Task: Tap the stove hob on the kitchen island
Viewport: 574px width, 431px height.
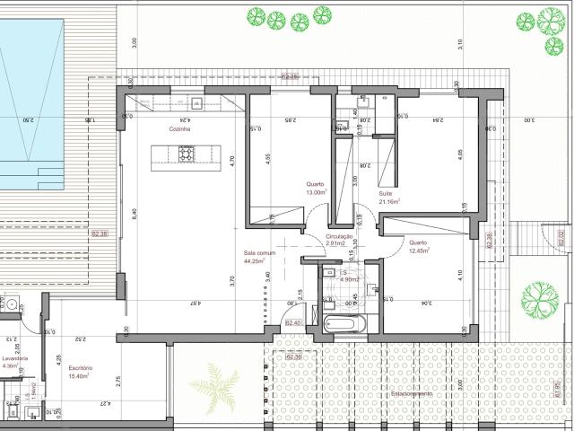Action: (x=187, y=155)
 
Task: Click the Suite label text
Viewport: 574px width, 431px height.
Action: (x=386, y=193)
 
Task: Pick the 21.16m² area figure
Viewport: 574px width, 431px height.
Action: (x=389, y=202)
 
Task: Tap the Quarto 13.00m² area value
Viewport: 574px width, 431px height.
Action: (x=316, y=192)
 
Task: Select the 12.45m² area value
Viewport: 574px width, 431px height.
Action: (x=419, y=251)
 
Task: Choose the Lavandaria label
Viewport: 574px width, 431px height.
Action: (x=15, y=357)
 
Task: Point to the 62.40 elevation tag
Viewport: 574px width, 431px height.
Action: (x=292, y=322)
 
